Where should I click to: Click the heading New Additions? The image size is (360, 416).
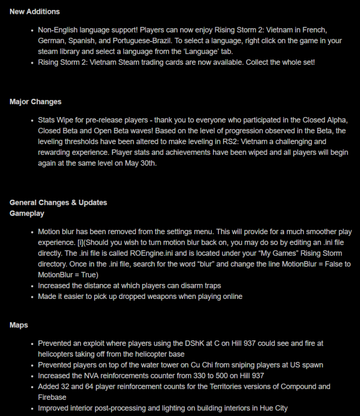point(34,11)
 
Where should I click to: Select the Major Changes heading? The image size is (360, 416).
point(36,102)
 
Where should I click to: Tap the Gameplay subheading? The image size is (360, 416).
point(27,213)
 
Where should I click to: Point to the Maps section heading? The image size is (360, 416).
point(19,324)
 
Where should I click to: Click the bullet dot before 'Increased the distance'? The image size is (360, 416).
point(31,286)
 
